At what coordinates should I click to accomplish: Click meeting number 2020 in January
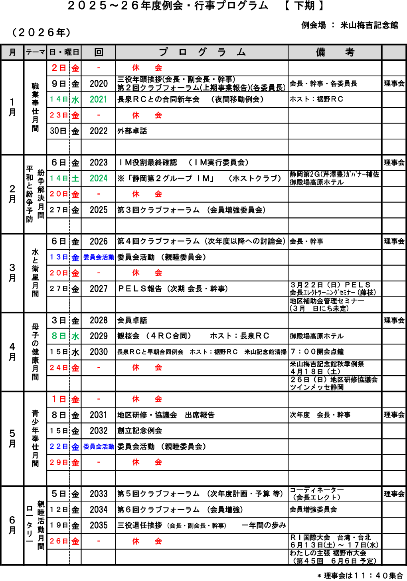(x=99, y=84)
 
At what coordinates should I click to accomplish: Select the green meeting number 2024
(x=99, y=178)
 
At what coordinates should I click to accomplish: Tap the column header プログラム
(x=202, y=52)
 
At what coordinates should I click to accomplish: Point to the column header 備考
(x=335, y=52)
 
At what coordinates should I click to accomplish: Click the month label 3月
(x=12, y=273)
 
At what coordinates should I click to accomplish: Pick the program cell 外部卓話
(x=132, y=131)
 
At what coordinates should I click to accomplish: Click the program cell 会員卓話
(x=132, y=320)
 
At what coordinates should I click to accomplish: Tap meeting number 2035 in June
(x=99, y=525)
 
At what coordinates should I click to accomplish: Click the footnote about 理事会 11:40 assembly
(x=360, y=575)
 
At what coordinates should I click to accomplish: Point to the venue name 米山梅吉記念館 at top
(x=369, y=25)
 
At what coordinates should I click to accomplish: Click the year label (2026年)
(x=41, y=32)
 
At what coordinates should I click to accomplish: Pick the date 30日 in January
(x=58, y=131)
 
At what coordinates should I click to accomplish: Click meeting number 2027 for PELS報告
(x=99, y=289)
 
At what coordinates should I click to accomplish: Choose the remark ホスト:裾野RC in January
(x=316, y=99)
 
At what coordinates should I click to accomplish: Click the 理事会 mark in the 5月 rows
(x=394, y=415)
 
